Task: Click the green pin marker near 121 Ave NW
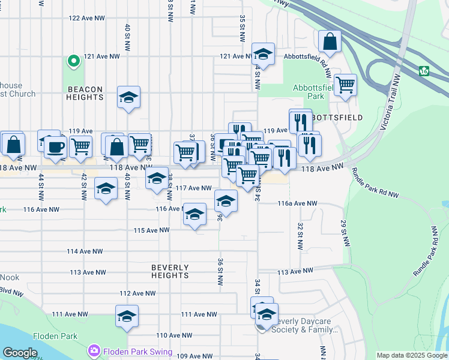pos(73,61)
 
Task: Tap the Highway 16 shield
pos(424,71)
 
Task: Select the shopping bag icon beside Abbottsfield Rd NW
pos(330,41)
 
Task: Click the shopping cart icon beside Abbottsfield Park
pos(345,85)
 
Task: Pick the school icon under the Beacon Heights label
pos(128,98)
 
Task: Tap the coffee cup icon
pos(56,146)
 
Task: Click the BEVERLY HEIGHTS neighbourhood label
pos(170,271)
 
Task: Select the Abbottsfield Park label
pos(309,92)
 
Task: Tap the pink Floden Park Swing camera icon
pos(94,350)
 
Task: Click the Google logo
pos(20,353)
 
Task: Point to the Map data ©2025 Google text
pos(411,355)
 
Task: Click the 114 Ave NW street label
pos(85,251)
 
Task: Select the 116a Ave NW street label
pos(297,204)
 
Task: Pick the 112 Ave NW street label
pos(137,293)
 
